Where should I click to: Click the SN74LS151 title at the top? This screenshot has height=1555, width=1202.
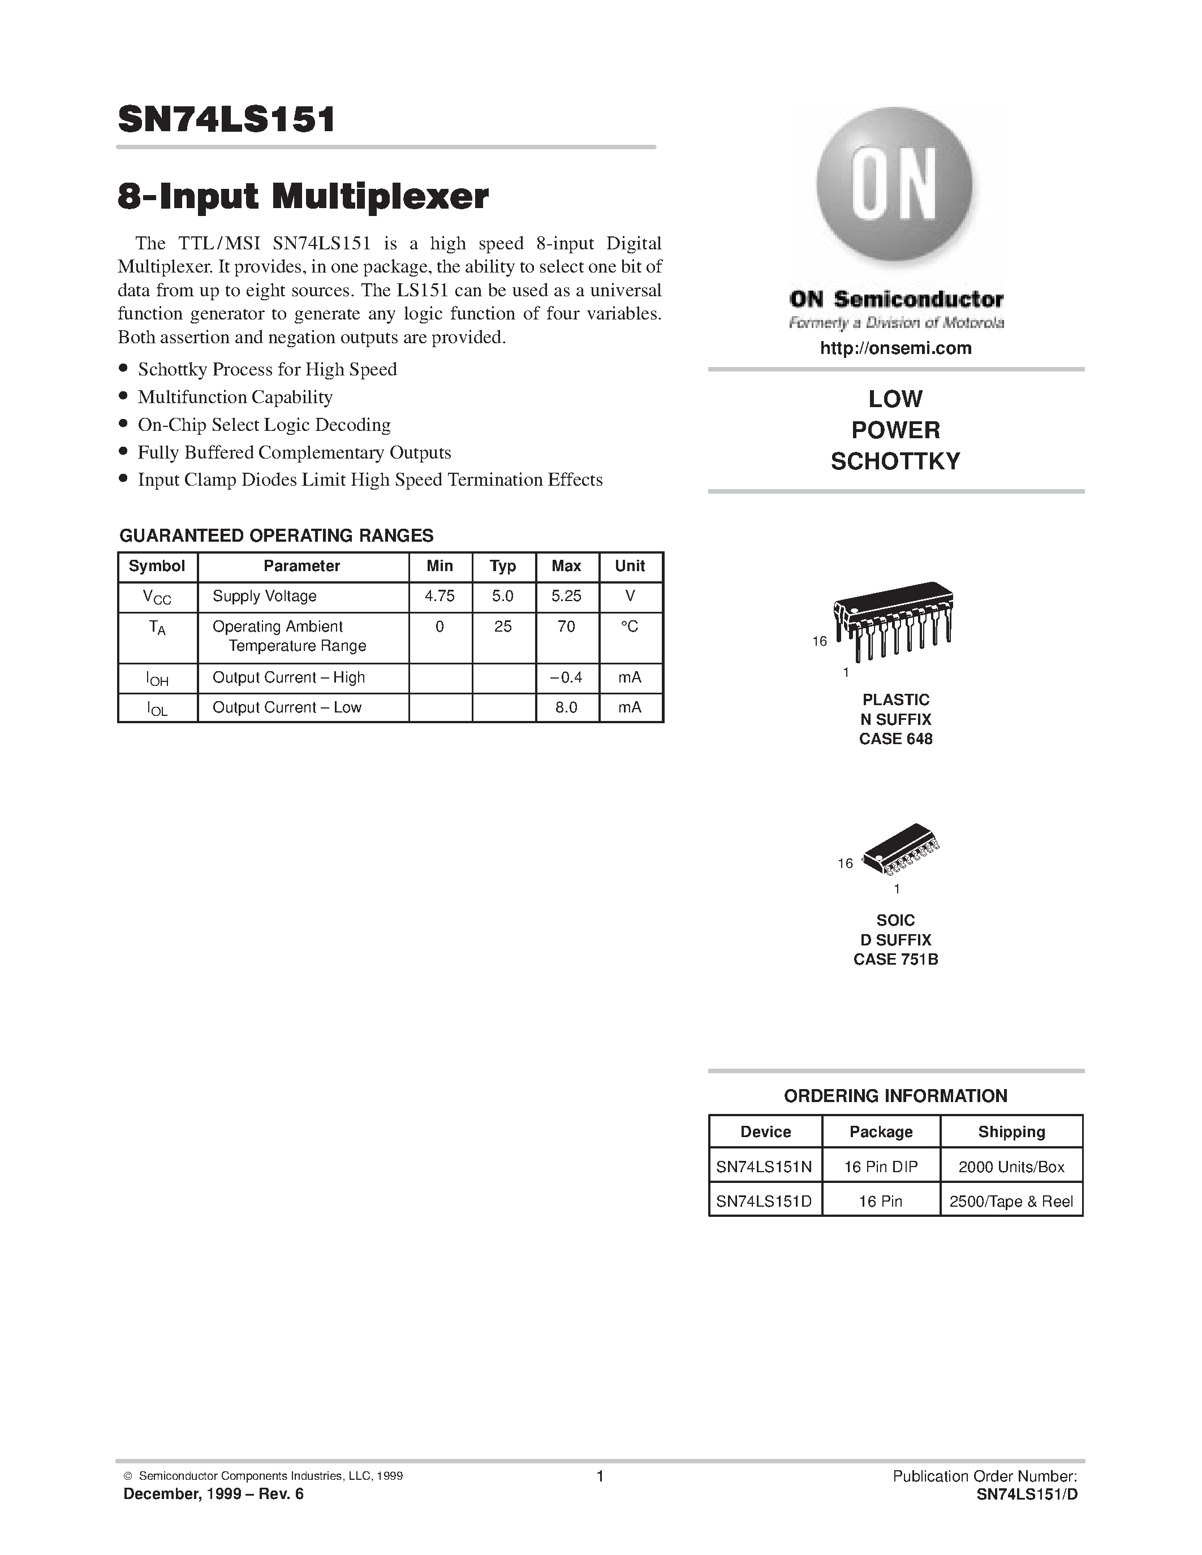(x=226, y=120)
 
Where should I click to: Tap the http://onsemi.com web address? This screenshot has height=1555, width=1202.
(x=895, y=348)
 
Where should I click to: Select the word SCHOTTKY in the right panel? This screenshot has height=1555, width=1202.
(x=895, y=461)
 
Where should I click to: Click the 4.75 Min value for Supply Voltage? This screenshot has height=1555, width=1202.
(x=440, y=596)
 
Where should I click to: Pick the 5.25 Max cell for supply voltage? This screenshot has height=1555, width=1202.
(x=566, y=596)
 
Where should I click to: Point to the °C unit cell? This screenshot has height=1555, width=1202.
(x=630, y=627)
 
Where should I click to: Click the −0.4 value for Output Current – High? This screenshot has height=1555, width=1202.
(x=566, y=677)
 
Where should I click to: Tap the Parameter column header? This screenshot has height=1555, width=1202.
(x=301, y=566)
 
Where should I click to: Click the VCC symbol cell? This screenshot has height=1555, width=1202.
(x=157, y=597)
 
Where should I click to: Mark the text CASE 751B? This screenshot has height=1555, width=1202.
(x=895, y=959)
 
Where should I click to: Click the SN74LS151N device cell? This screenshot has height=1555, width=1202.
(x=764, y=1167)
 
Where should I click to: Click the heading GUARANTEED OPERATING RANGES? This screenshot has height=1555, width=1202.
(x=275, y=535)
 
